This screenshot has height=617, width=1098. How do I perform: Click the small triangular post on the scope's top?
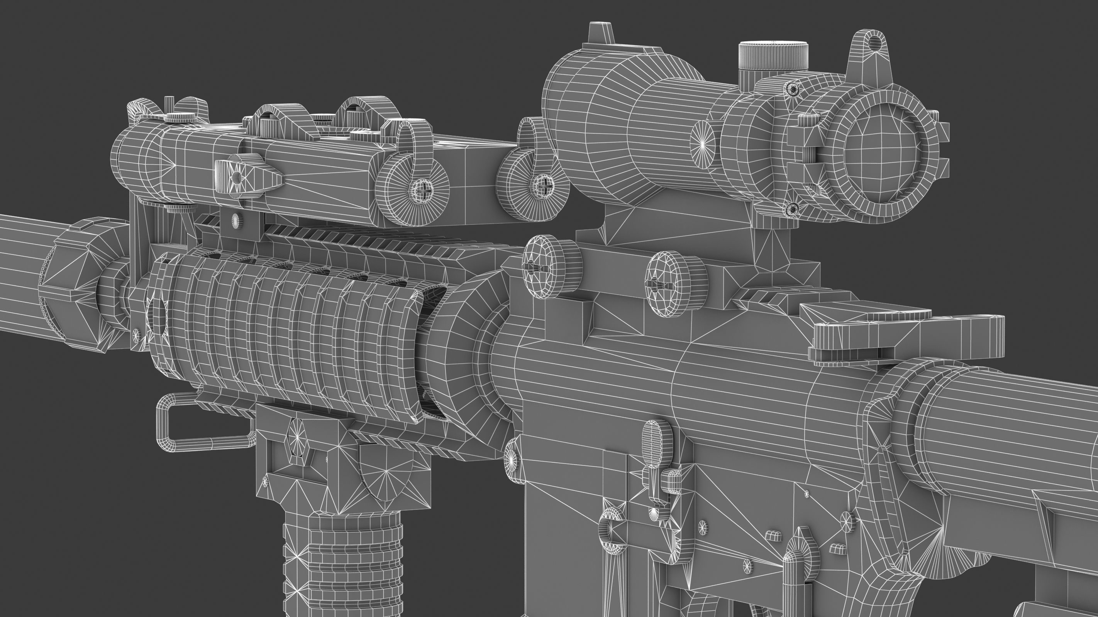coord(601,34)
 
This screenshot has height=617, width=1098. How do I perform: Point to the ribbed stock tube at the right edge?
coord(1023,430)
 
